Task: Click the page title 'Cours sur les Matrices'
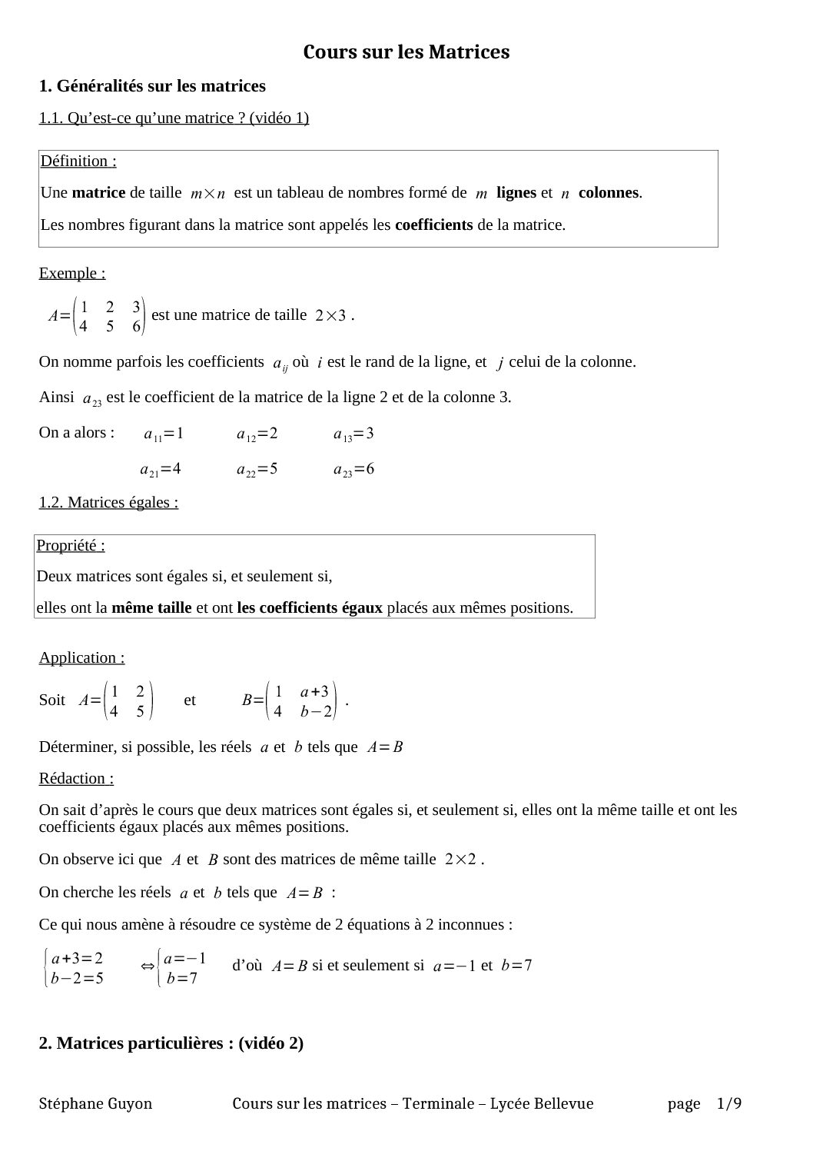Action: pyautogui.click(x=406, y=52)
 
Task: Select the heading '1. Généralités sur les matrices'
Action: pyautogui.click(x=152, y=86)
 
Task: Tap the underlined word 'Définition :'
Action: pyautogui.click(x=78, y=161)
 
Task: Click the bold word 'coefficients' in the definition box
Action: pyautogui.click(x=433, y=225)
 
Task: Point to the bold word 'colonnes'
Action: pyautogui.click(x=609, y=193)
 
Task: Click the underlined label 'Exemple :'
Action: pyautogui.click(x=72, y=273)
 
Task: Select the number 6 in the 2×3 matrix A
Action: pyautogui.click(x=137, y=326)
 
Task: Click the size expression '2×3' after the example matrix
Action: pyautogui.click(x=331, y=315)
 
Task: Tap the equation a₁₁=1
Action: pyautogui.click(x=164, y=434)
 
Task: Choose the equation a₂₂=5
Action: pyautogui.click(x=257, y=469)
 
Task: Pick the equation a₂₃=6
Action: pyautogui.click(x=353, y=469)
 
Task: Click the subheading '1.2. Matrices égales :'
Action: pyautogui.click(x=108, y=502)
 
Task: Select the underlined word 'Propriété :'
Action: pyautogui.click(x=71, y=545)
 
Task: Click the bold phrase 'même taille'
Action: pyautogui.click(x=151, y=607)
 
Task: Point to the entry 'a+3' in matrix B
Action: pyautogui.click(x=314, y=691)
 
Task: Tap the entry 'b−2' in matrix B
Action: pyautogui.click(x=316, y=711)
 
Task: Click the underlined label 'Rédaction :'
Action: pyautogui.click(x=76, y=778)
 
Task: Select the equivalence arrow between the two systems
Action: pyautogui.click(x=148, y=966)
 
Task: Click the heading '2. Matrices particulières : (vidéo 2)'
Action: pyautogui.click(x=171, y=1043)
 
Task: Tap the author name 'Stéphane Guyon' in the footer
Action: pyautogui.click(x=95, y=1104)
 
